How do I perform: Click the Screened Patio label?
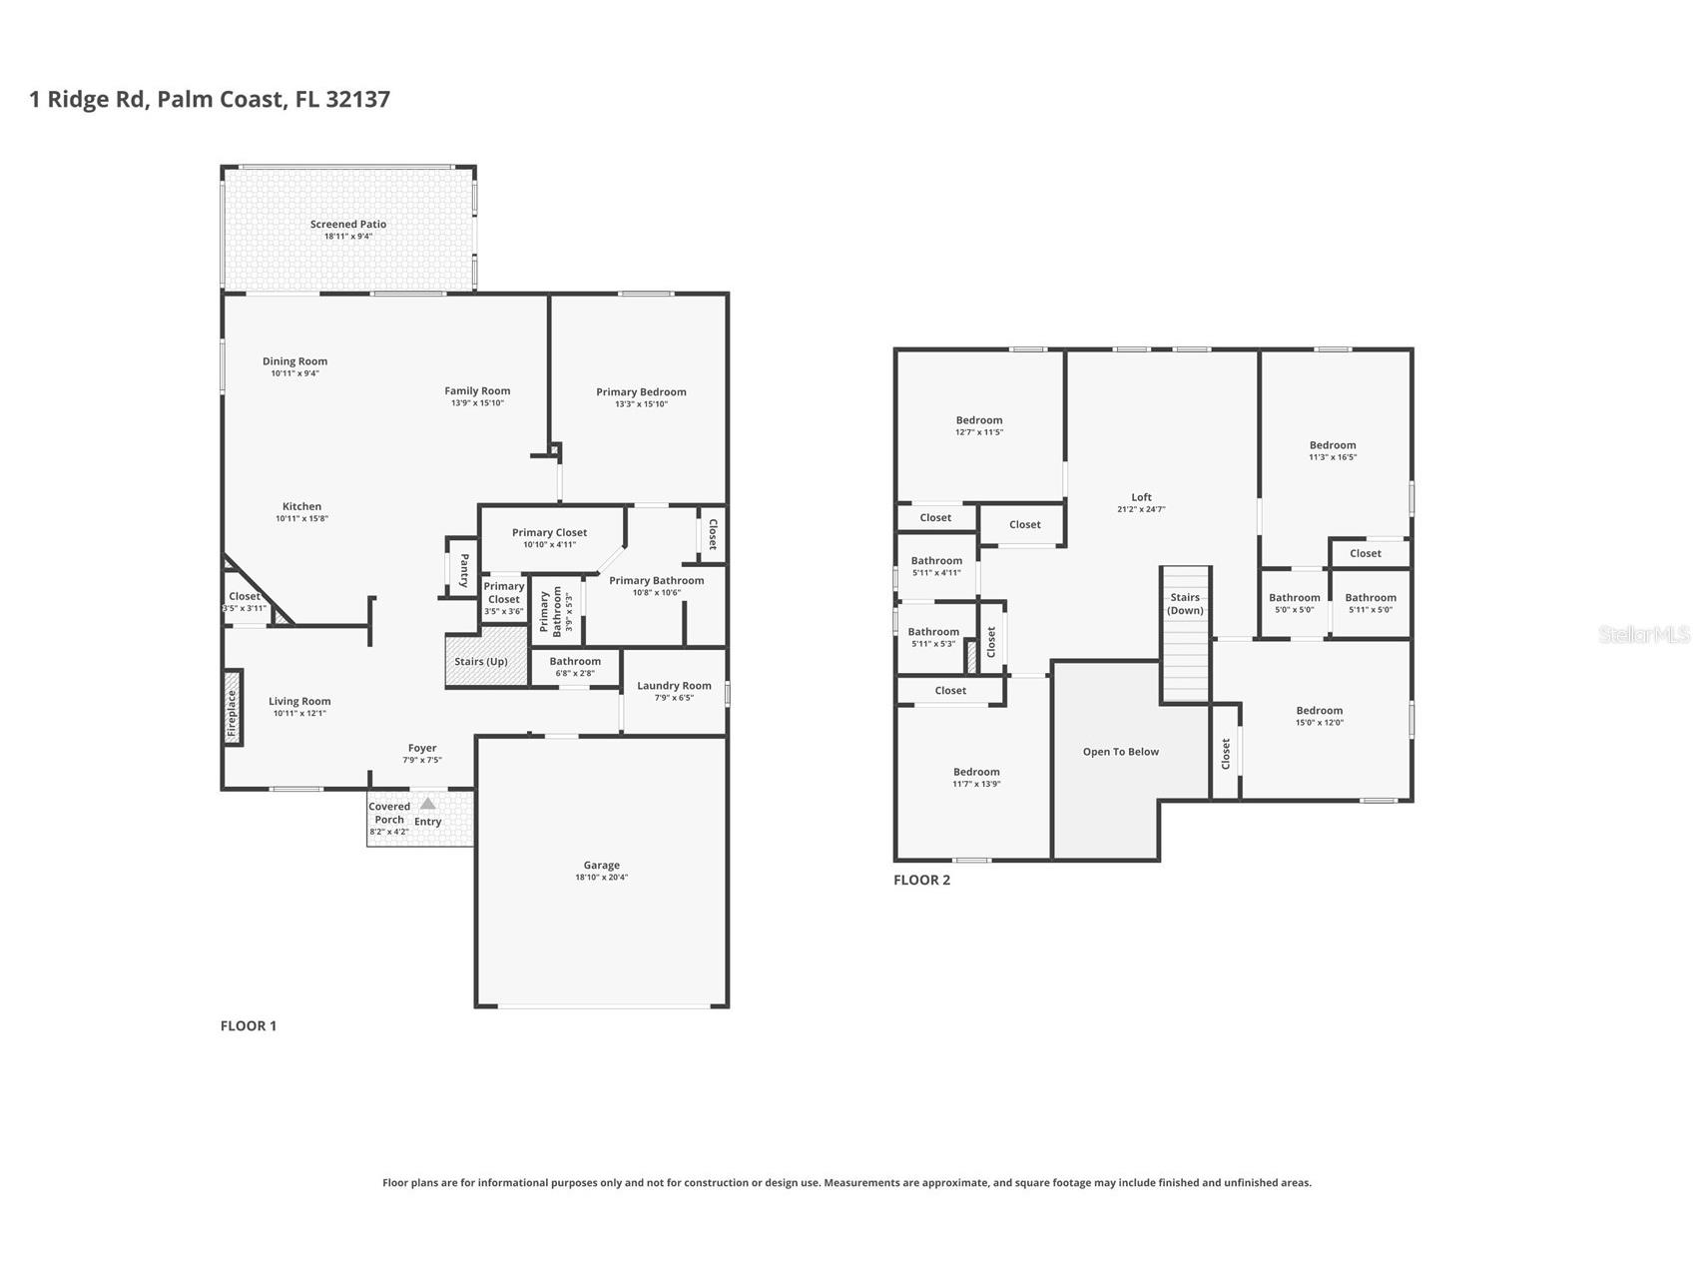pos(347,225)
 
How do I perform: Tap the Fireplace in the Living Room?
pos(232,714)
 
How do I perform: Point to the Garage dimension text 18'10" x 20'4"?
pos(601,878)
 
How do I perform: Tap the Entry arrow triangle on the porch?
pos(427,803)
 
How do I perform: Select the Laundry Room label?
pos(674,686)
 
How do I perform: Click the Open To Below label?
pos(1121,752)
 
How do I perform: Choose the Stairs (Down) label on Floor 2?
pos(1185,604)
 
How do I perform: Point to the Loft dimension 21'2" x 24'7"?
pos(1141,509)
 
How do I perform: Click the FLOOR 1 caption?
pos(249,1025)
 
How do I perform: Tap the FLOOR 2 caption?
pos(921,880)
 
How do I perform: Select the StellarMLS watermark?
pos(1644,634)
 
